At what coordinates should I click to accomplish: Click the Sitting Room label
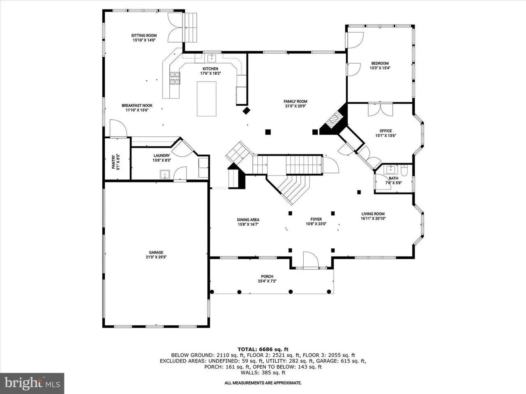click(x=144, y=35)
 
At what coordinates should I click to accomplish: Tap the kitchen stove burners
click(x=175, y=78)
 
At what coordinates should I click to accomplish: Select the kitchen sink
click(x=212, y=58)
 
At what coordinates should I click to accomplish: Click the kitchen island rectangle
click(x=207, y=99)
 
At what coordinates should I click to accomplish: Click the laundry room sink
click(x=165, y=174)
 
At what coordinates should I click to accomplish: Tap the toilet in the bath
click(x=404, y=170)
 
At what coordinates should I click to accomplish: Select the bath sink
click(x=391, y=170)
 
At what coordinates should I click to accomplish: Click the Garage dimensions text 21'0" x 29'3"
click(x=156, y=257)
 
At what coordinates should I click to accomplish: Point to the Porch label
click(x=267, y=277)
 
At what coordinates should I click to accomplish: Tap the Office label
click(x=385, y=131)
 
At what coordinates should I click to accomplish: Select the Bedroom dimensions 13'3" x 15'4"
click(x=380, y=68)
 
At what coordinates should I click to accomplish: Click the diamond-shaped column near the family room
click(x=246, y=111)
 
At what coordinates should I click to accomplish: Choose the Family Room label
click(x=295, y=101)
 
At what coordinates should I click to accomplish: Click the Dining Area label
click(x=248, y=220)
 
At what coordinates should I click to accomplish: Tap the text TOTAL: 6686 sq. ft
click(x=263, y=350)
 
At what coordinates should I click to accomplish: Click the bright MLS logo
click(x=32, y=383)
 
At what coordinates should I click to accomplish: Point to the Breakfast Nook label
click(x=137, y=105)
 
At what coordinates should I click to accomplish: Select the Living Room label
click(x=373, y=214)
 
